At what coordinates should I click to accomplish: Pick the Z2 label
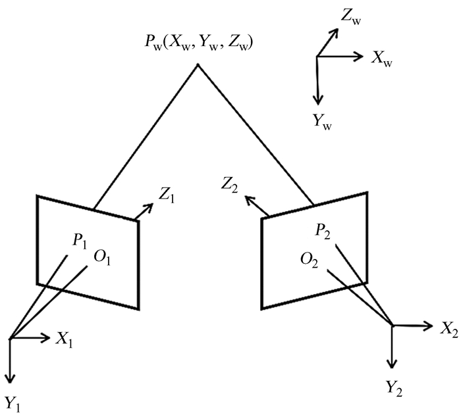click(231, 183)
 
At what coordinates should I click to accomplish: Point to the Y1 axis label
click(12, 403)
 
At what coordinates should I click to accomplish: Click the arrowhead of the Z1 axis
click(149, 207)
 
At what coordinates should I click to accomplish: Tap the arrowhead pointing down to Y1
click(10, 380)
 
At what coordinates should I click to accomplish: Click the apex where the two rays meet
click(196, 65)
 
